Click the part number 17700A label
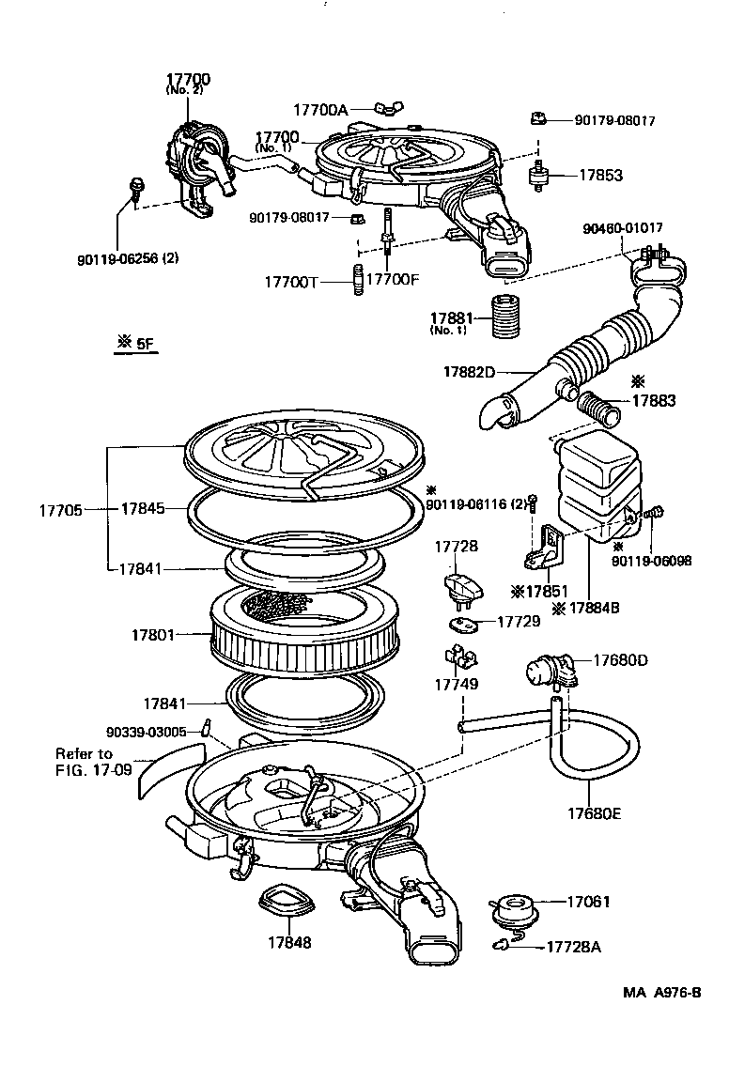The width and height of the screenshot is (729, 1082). pos(320,110)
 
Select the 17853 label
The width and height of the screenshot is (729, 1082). pos(600,176)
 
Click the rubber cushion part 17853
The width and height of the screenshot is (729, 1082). pos(540,176)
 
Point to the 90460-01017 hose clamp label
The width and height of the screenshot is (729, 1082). pos(622,227)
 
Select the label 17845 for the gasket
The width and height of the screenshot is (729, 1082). pos(142,508)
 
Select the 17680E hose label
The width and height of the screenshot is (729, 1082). pos(595,813)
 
